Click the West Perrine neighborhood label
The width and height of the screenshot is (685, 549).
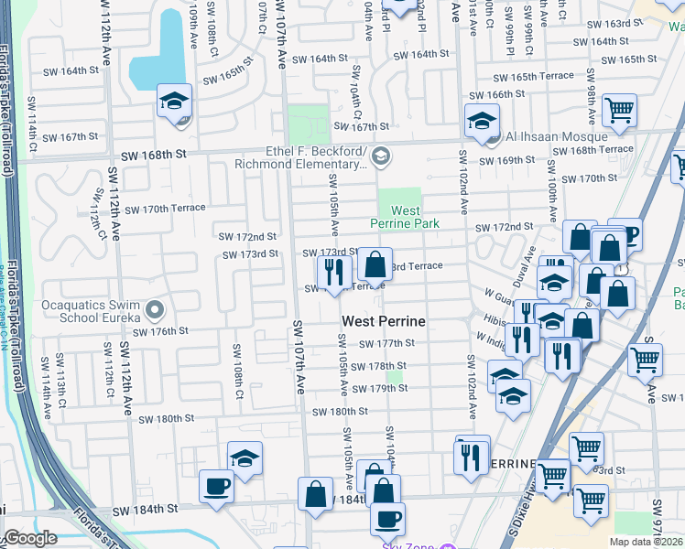pyautogui.click(x=383, y=322)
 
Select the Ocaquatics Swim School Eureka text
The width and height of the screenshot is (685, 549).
pyautogui.click(x=90, y=310)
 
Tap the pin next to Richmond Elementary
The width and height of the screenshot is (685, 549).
pyautogui.click(x=381, y=157)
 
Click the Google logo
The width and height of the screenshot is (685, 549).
pyautogui.click(x=30, y=538)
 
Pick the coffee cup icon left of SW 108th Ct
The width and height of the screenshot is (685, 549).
pyautogui.click(x=216, y=486)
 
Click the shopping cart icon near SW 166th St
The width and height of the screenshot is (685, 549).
pyautogui.click(x=620, y=111)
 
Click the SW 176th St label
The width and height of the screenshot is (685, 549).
pyautogui.click(x=164, y=331)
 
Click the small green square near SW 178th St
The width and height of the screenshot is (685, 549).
pyautogui.click(x=394, y=376)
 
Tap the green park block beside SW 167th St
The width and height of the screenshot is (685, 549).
pyautogui.click(x=309, y=124)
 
